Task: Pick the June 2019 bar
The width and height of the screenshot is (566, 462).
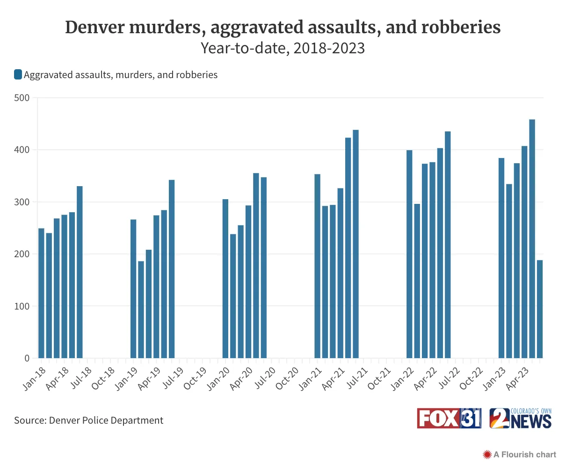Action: point(172,269)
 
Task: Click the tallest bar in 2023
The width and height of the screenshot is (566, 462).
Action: point(532,239)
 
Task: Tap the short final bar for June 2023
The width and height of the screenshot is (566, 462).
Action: point(540,309)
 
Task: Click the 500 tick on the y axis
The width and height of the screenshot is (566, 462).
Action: point(22,98)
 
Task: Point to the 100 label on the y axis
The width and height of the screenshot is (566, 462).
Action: point(22,306)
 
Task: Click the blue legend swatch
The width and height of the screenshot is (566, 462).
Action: point(18,75)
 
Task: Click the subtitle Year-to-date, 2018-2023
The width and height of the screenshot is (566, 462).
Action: point(283,48)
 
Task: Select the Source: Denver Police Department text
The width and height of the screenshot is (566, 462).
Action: point(88,420)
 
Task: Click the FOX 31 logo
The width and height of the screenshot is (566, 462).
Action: point(449,418)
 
